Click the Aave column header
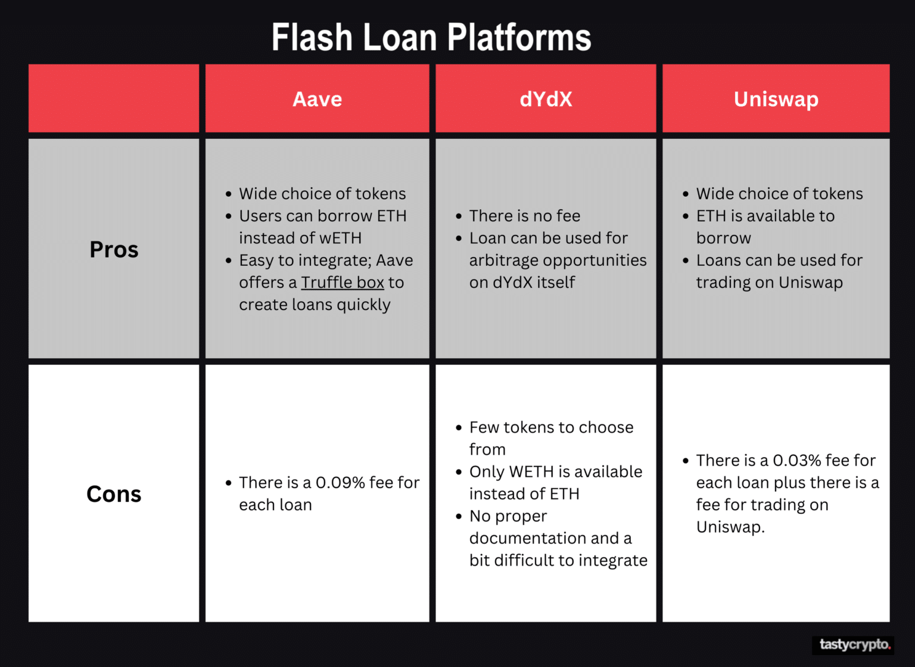[x=317, y=99]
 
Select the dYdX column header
[x=546, y=99]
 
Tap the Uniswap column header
[x=776, y=99]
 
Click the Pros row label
[x=114, y=249]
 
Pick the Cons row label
[x=114, y=494]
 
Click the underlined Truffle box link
[x=343, y=283]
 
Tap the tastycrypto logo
[x=854, y=644]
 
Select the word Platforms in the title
[x=519, y=38]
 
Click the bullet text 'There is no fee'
[x=525, y=216]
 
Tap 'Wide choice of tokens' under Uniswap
[x=779, y=194]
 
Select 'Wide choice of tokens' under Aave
[x=322, y=194]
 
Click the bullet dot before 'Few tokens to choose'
[x=459, y=428]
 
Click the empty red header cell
[x=114, y=98]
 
